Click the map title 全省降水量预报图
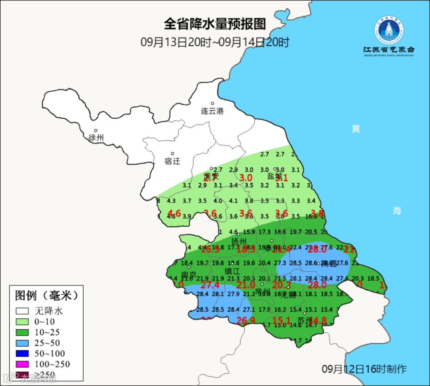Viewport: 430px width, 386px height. (x=215, y=24)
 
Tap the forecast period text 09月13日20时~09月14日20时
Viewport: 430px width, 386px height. (x=215, y=42)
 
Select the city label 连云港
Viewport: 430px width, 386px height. (x=212, y=111)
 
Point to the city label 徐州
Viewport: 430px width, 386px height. (x=96, y=138)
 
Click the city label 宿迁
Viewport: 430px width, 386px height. (x=172, y=161)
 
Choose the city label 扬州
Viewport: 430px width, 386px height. (x=239, y=242)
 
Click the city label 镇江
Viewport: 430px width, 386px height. (x=233, y=271)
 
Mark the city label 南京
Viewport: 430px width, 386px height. (x=189, y=275)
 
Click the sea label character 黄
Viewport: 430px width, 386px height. (x=356, y=129)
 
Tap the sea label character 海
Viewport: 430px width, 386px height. (x=397, y=211)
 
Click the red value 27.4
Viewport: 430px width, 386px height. (x=210, y=285)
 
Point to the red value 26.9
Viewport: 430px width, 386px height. (x=246, y=321)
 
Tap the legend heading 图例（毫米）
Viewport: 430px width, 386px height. (x=46, y=296)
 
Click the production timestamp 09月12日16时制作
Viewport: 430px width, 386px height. (x=364, y=369)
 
